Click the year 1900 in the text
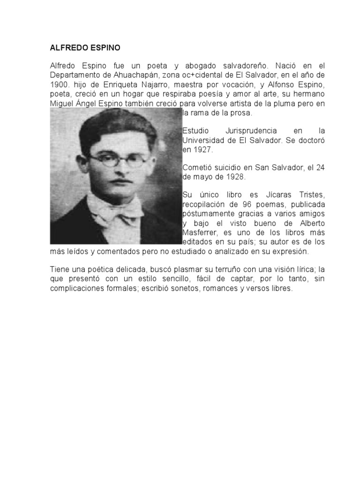59,84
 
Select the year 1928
234,178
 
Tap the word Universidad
203,140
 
